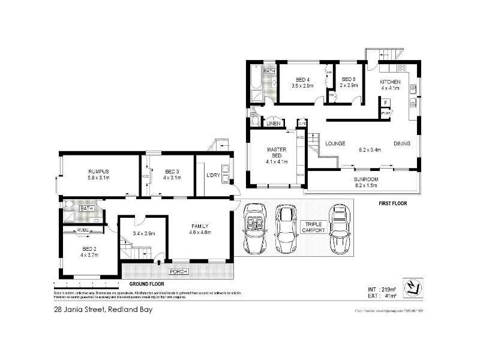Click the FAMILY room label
pyautogui.click(x=200, y=226)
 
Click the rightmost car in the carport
pyautogui.click(x=340, y=229)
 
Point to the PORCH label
pyautogui.click(x=179, y=271)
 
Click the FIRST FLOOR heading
pyautogui.click(x=392, y=203)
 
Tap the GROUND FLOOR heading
pyautogui.click(x=146, y=283)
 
